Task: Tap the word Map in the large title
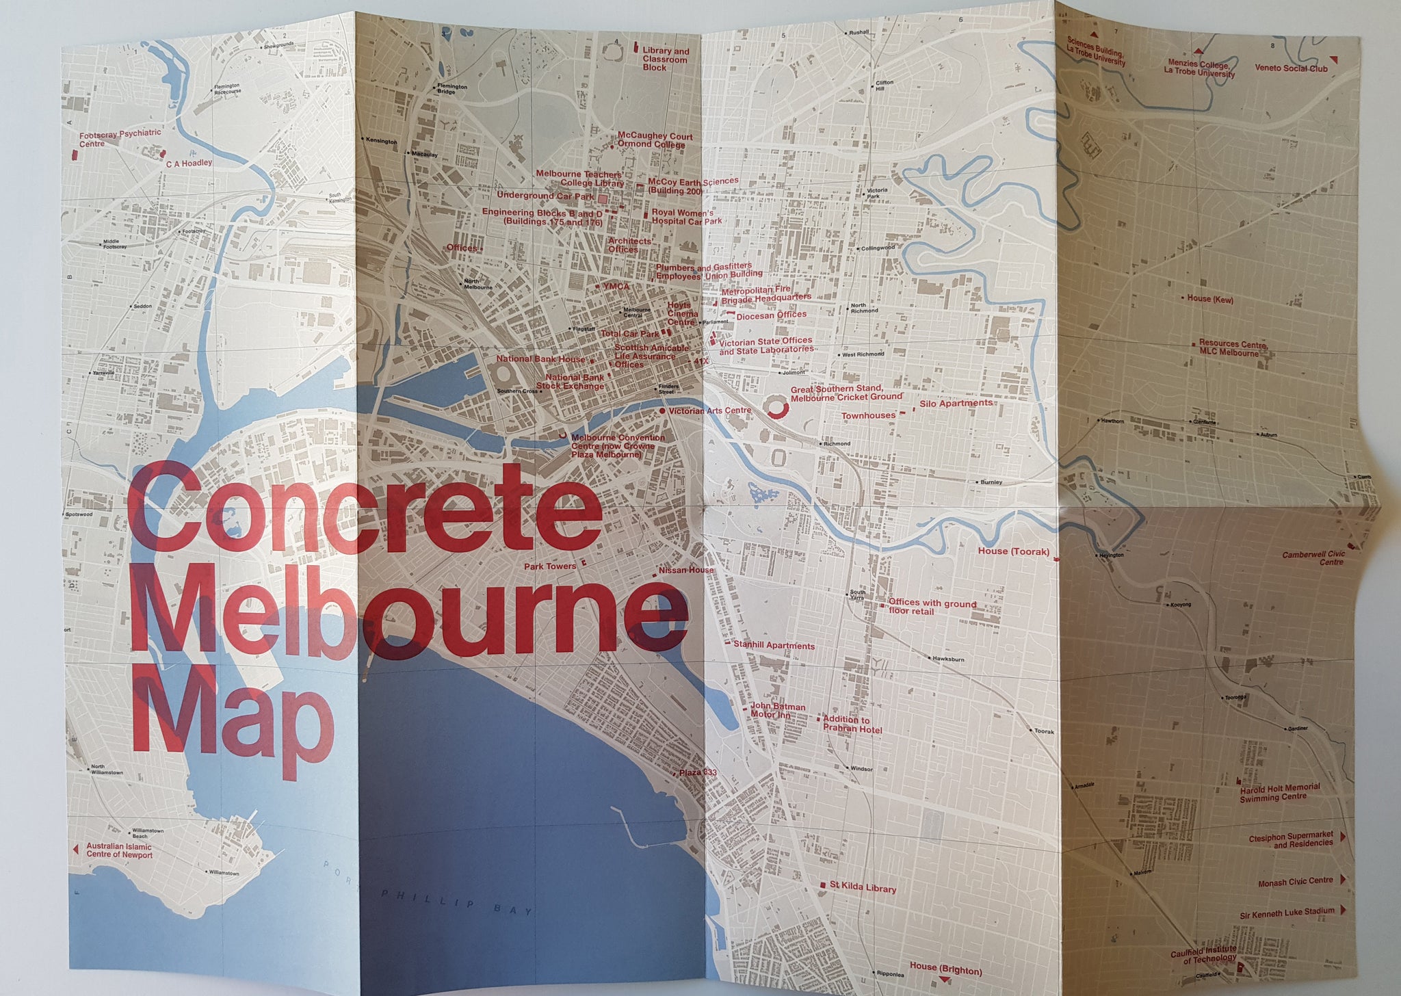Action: pos(233,718)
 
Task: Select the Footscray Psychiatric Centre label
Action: pos(120,138)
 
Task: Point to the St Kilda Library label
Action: pos(862,888)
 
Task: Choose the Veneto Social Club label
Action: pos(1291,68)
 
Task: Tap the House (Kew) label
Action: pos(1209,299)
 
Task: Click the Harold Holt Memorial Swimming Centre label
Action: pos(1279,792)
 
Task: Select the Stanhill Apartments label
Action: pos(774,645)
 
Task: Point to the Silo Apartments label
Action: pos(955,404)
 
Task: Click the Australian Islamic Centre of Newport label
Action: pos(119,850)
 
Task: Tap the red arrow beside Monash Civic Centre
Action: pos(1343,880)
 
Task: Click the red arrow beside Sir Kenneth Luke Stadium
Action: pos(1343,910)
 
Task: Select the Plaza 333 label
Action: pos(697,772)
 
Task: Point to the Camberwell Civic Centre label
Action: pos(1313,558)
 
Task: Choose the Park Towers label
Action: pos(550,566)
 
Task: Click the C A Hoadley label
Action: pos(189,163)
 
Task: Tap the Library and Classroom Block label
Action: pos(665,60)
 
